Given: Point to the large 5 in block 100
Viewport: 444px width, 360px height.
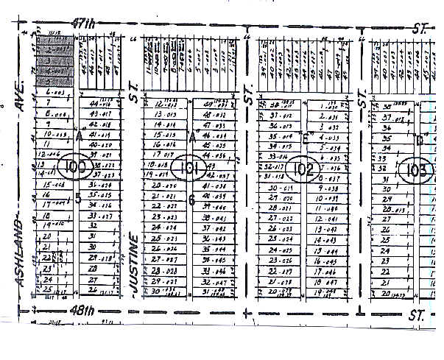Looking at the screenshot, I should (78, 197).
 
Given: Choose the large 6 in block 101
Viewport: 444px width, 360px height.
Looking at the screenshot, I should (191, 200).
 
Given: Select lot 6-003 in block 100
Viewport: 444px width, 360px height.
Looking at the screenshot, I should (55, 93).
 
